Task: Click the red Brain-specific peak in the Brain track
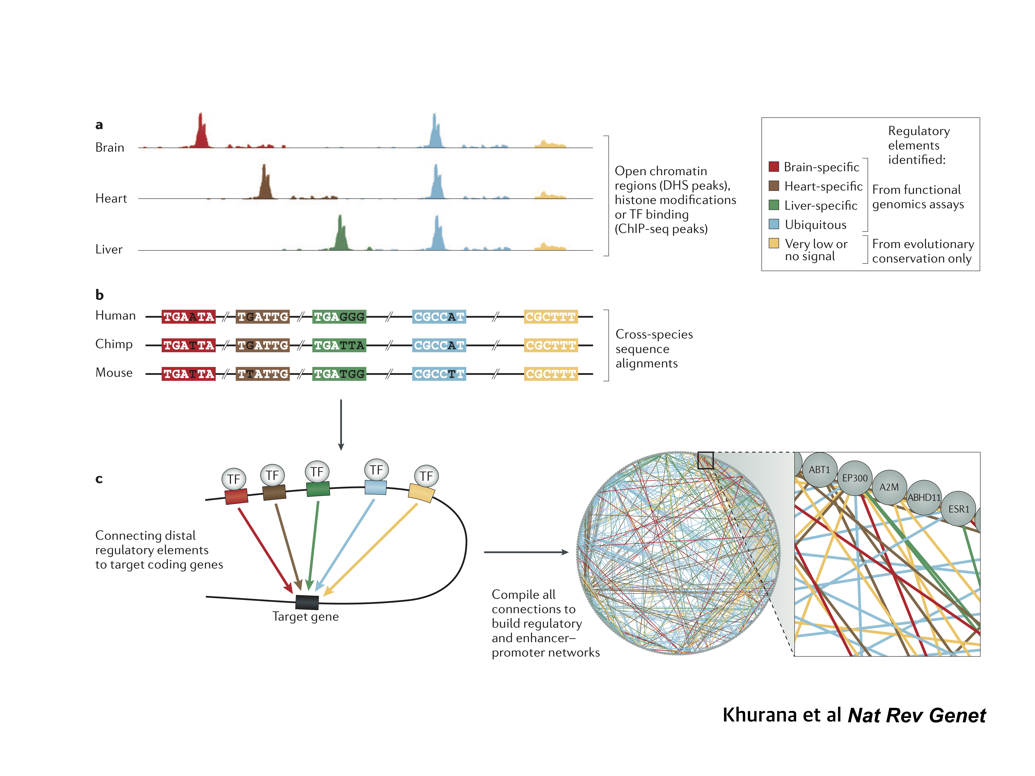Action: [x=201, y=133]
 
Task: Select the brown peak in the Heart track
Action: [x=265, y=185]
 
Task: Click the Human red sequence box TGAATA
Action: [x=189, y=317]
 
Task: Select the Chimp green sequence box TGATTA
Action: [x=339, y=345]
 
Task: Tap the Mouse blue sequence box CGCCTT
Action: [x=439, y=374]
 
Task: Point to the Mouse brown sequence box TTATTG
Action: [x=262, y=374]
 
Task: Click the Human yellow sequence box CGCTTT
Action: [x=551, y=317]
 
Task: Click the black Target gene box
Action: [x=307, y=602]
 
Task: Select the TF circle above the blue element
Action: [x=376, y=470]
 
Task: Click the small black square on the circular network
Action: [x=705, y=460]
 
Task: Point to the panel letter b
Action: [x=99, y=295]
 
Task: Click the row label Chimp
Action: [x=114, y=344]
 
